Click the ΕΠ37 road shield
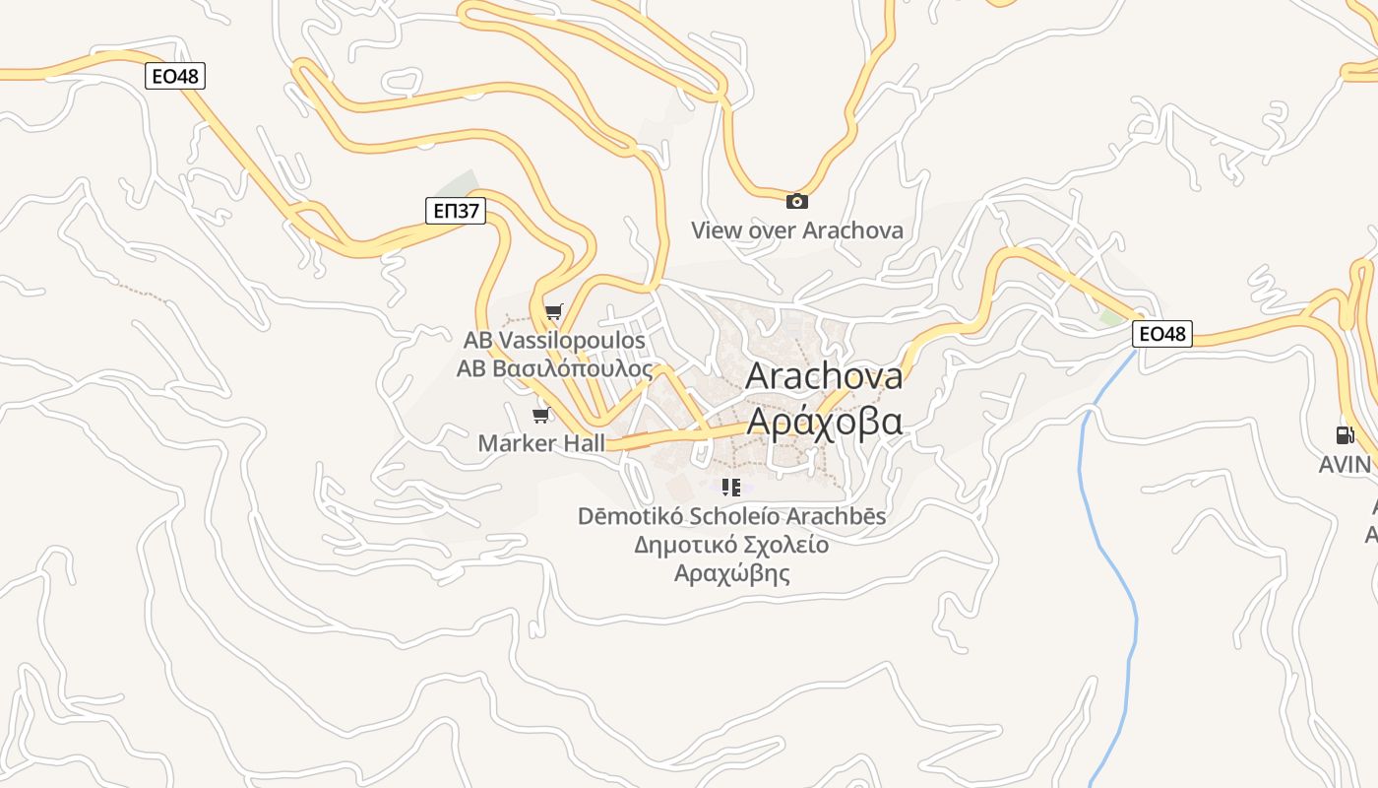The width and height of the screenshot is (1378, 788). coord(457,210)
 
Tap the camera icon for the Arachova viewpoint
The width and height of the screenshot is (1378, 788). coord(796,202)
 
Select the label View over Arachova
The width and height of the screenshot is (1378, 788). coord(796,230)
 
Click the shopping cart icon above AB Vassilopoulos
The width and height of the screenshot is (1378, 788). coord(553,313)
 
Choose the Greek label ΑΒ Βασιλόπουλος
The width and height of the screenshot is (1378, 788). coord(554,368)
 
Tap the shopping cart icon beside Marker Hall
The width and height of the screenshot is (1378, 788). coord(539,415)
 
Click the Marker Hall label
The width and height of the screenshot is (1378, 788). coord(541,443)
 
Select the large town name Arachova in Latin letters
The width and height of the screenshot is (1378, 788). coord(824,376)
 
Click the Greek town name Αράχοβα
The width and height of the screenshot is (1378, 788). coord(824,421)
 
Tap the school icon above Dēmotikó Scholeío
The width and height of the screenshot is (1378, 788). coord(730,487)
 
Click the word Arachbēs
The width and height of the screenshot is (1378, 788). coord(838,516)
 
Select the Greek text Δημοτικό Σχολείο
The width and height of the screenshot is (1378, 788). coord(731,545)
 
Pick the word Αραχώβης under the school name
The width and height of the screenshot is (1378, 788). coord(731,573)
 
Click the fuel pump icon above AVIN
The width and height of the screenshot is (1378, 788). coord(1345,435)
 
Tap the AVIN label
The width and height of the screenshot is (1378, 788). coord(1345,464)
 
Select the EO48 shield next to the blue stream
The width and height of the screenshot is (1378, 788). coord(1161,334)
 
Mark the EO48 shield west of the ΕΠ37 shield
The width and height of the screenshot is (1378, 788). coord(175,76)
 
